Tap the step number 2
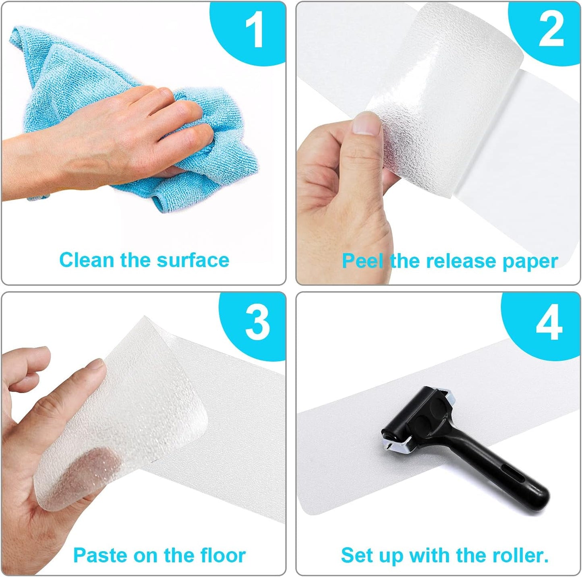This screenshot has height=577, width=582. (x=551, y=30)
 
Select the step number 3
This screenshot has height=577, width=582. (x=258, y=323)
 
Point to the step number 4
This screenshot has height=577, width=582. (x=549, y=323)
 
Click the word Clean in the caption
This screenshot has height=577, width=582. (x=86, y=260)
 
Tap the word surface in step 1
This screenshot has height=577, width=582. (x=193, y=260)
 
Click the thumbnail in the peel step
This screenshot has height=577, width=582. (x=367, y=123)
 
